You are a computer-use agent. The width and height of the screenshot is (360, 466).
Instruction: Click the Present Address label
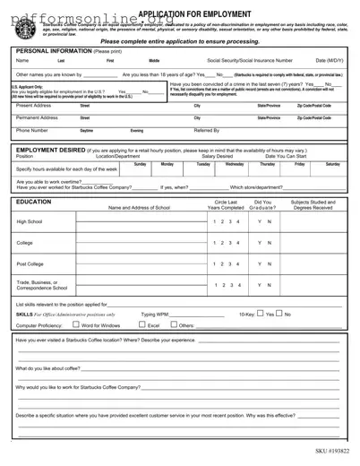pos(33,105)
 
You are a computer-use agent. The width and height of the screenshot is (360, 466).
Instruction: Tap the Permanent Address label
pos(38,117)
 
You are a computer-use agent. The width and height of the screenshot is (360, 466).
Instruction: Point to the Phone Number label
pos(32,130)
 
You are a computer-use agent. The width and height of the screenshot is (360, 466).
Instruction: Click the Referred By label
pos(207,130)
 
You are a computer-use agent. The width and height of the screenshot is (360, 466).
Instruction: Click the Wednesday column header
pos(234,164)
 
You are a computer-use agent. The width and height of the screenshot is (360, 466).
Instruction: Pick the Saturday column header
pos(332,164)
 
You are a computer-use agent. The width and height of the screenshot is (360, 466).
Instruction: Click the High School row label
pos(29,221)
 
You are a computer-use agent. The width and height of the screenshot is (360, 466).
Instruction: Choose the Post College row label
pos(30,264)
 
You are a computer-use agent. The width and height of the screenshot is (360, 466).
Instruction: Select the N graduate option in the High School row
pos(269,221)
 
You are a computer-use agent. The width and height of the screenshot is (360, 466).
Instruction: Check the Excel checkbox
pos(141,324)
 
